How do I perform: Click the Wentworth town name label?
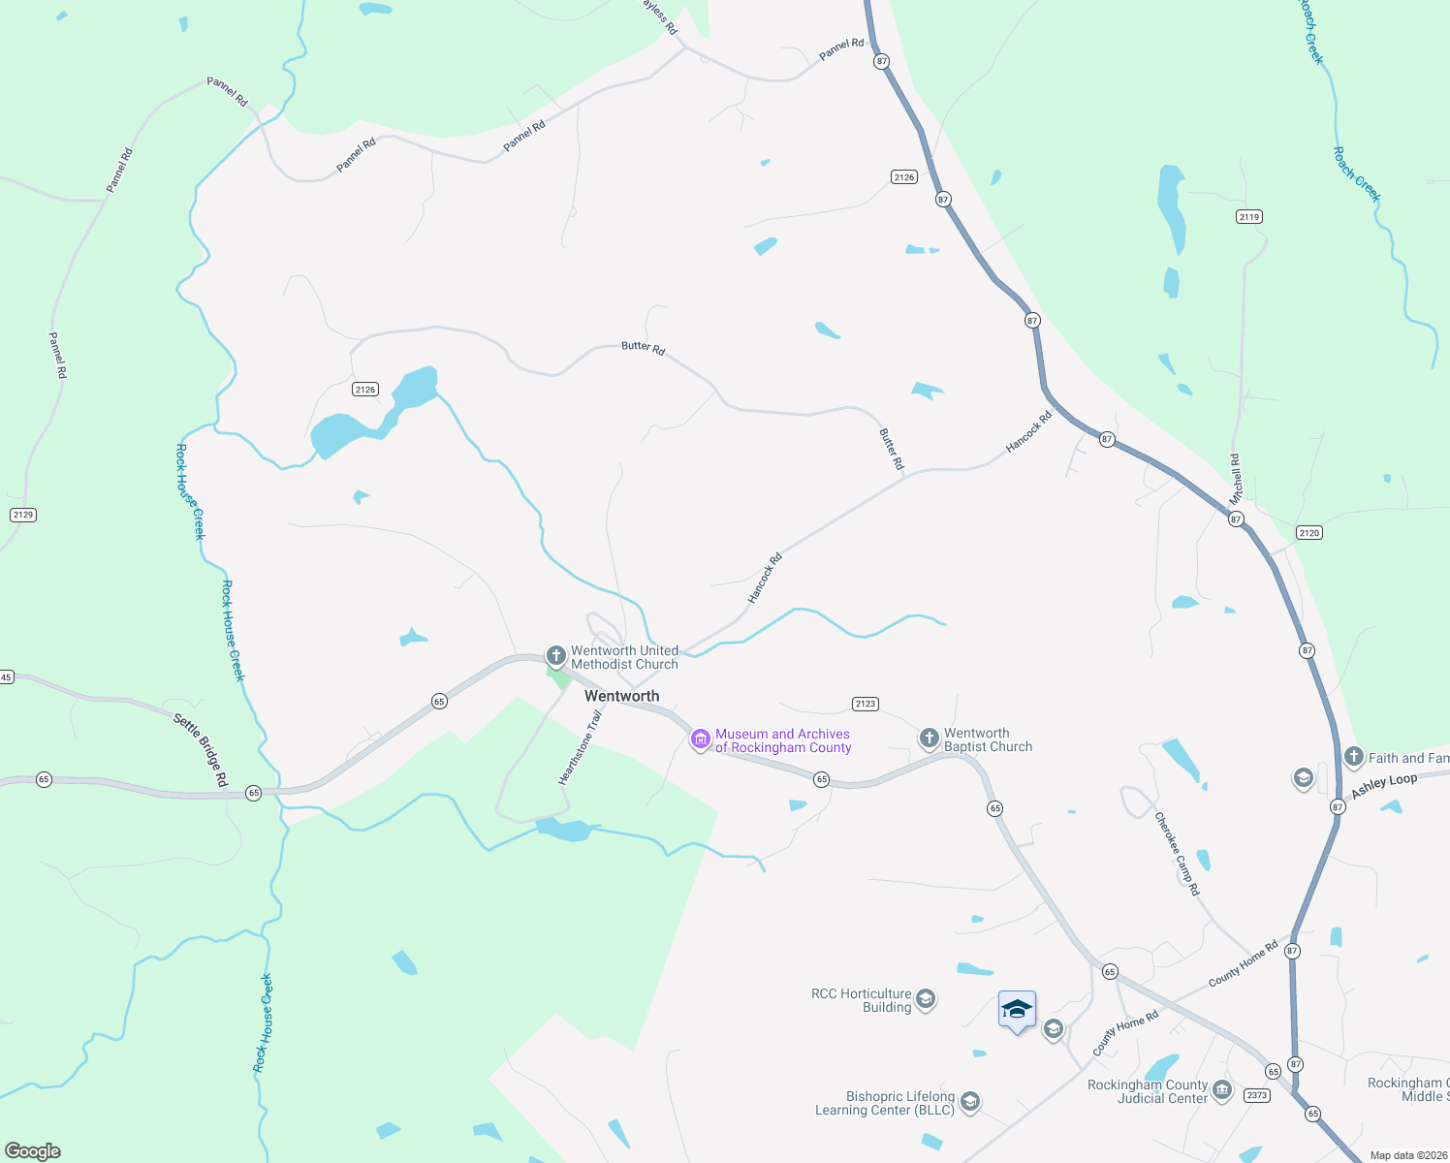[621, 696]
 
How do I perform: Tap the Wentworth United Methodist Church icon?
[555, 656]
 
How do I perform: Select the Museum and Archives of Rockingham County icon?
[700, 740]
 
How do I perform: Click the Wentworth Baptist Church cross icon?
[929, 739]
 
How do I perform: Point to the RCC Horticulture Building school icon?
[926, 999]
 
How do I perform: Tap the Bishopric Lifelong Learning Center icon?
[969, 1102]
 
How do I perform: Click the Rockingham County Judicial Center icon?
[1222, 1091]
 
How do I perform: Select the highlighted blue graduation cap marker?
[1017, 1010]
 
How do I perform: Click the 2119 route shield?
[1249, 217]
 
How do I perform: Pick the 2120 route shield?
[1308, 532]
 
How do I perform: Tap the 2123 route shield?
[866, 704]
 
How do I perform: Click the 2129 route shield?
[23, 515]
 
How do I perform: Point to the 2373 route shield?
[1257, 1095]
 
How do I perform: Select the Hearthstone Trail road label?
[580, 747]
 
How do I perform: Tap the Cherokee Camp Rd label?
[1177, 853]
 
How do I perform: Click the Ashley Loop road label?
[1384, 785]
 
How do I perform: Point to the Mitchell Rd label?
[1235, 479]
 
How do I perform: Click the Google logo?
[33, 1151]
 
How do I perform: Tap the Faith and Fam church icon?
[1354, 757]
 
